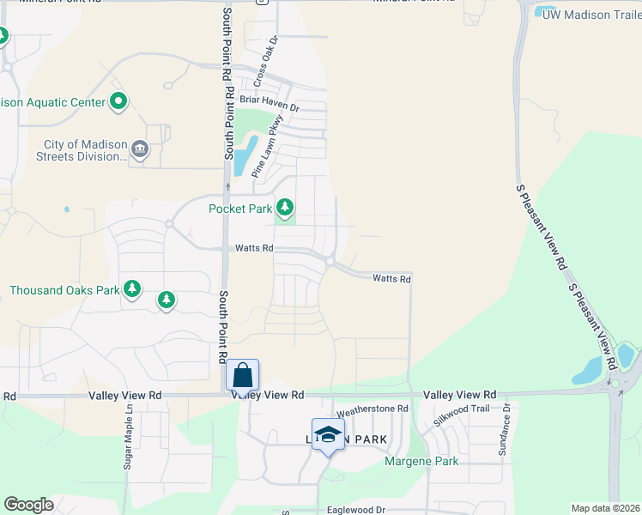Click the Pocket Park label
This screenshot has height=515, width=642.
tap(240, 209)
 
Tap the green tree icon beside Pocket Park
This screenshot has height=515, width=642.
tap(285, 208)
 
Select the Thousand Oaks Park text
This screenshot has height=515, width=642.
tap(64, 290)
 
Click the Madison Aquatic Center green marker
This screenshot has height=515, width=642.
tap(118, 102)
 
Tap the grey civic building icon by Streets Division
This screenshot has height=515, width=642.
tap(140, 151)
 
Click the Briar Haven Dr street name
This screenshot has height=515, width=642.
tap(270, 108)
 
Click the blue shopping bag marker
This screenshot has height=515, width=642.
tap(243, 375)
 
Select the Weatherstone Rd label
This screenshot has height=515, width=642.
tap(372, 410)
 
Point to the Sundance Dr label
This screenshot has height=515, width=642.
tap(505, 429)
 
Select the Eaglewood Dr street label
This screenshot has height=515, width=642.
tap(356, 510)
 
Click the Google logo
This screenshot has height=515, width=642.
tap(29, 505)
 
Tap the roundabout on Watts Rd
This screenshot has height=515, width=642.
tap(329, 261)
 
